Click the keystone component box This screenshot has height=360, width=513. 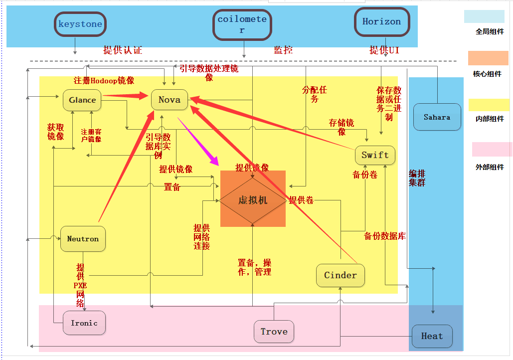(x=80, y=24)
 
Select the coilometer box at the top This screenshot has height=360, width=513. (x=242, y=25)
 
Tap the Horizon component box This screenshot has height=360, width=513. (x=382, y=22)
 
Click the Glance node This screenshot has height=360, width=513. (x=82, y=100)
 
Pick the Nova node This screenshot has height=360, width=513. (x=170, y=100)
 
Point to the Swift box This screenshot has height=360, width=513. (x=375, y=155)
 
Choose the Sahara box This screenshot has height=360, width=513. (x=437, y=118)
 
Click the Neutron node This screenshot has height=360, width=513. (x=83, y=239)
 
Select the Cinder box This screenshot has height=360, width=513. (x=341, y=275)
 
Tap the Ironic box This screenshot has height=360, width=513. (x=84, y=323)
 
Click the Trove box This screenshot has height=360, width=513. (x=274, y=332)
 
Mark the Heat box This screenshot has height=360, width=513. (x=432, y=336)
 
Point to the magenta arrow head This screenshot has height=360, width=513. (x=215, y=161)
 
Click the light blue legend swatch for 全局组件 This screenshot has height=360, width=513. (x=484, y=16)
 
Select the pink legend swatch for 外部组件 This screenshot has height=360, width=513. (x=492, y=149)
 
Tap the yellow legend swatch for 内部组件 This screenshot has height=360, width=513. (x=489, y=105)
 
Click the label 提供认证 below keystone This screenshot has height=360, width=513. (x=123, y=50)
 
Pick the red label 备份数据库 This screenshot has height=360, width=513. (x=385, y=236)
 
